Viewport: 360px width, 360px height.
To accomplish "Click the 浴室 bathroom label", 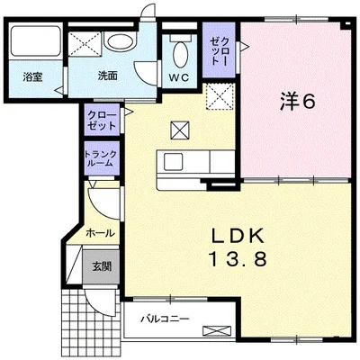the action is coord(32,77).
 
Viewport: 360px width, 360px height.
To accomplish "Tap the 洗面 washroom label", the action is coord(107,76).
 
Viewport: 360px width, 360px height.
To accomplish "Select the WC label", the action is coord(179,77).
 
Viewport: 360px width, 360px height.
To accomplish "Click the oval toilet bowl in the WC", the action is coord(181,54).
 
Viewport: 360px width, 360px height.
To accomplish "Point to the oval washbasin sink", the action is coord(121,41).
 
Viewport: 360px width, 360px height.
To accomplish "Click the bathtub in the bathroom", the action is coord(35,41).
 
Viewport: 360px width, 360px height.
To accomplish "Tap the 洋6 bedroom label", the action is coord(298,102).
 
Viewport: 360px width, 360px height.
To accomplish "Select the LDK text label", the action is coord(238,236).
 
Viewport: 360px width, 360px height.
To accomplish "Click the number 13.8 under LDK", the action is coord(238,259).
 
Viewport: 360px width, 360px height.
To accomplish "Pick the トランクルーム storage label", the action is coord(101,159).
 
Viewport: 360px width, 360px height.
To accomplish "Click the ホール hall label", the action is coord(100,233).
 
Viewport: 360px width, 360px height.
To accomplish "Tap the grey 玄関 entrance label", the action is coord(102,266).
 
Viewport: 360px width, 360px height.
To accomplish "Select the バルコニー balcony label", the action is coord(166,319).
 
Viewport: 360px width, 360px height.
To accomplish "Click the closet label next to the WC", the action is coord(220,51).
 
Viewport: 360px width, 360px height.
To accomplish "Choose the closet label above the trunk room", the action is coord(102,121).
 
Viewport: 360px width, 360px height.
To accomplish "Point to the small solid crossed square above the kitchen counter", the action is coord(180,130).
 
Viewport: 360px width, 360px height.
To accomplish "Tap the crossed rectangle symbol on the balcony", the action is coord(217,330).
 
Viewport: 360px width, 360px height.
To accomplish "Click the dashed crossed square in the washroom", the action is coord(85,44).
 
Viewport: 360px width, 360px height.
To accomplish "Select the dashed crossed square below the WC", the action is coord(220,96).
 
